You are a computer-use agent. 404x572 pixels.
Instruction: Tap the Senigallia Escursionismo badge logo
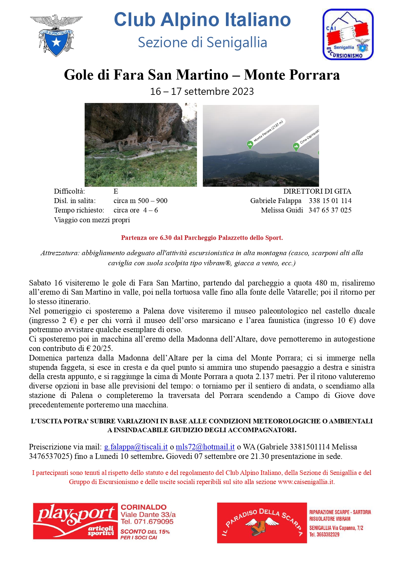(x=348, y=34)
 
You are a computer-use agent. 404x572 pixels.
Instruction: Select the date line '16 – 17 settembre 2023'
(x=202, y=92)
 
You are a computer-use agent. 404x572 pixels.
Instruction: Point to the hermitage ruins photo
(x=141, y=145)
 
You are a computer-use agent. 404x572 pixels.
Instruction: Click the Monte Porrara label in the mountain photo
(x=268, y=131)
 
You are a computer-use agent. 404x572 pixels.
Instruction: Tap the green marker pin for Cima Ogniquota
(x=296, y=147)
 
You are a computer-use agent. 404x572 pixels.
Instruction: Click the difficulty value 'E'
(x=116, y=191)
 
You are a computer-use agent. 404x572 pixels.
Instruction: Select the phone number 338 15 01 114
(x=330, y=201)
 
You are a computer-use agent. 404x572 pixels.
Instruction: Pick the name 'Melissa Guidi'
(x=282, y=210)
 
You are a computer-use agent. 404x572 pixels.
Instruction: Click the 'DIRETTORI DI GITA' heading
(x=317, y=191)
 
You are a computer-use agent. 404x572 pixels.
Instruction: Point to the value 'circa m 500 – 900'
(x=140, y=201)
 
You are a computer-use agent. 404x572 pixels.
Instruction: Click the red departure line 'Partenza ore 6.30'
(x=202, y=238)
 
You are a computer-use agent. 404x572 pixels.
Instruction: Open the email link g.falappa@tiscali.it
(x=136, y=447)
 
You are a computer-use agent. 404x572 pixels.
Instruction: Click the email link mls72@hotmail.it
(x=205, y=447)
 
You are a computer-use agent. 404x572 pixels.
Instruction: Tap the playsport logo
(x=75, y=521)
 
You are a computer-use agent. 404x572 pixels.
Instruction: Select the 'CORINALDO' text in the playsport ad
(x=144, y=507)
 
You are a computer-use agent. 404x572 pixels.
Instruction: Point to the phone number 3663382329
(x=324, y=535)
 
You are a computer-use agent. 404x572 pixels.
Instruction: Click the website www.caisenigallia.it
(x=306, y=482)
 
